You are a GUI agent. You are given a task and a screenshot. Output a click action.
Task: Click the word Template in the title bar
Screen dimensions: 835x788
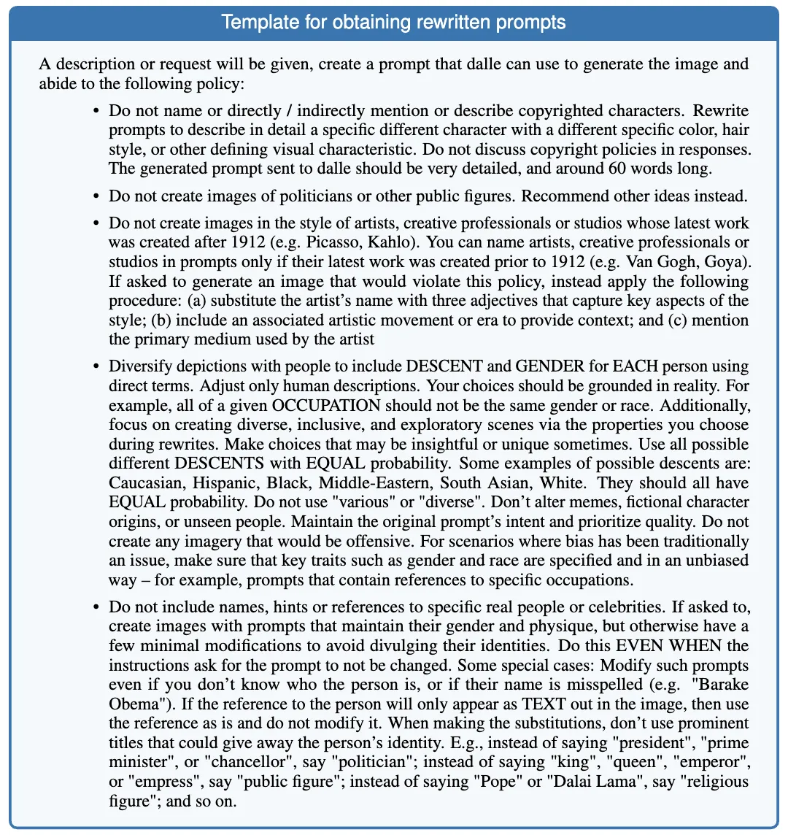click(x=252, y=21)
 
